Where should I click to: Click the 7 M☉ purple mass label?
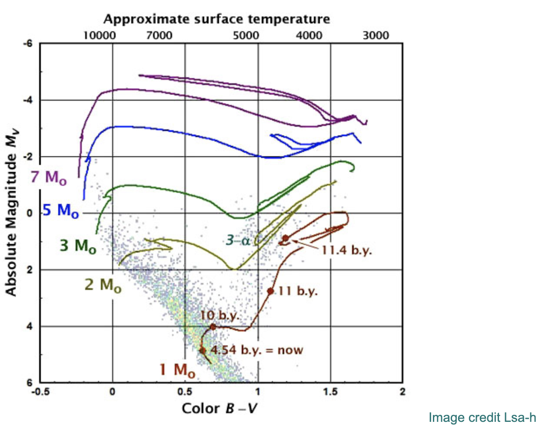(49, 178)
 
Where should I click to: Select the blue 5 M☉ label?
(61, 210)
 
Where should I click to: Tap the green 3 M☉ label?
(78, 246)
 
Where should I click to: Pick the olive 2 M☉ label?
(103, 285)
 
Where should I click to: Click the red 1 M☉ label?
(177, 370)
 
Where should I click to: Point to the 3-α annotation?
(238, 240)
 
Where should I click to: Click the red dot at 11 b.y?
(271, 291)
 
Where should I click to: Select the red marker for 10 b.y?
(213, 327)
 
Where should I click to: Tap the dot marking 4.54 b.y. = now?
(202, 350)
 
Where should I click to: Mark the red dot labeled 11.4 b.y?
(285, 238)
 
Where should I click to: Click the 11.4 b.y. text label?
(346, 250)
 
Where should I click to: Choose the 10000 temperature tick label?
(100, 35)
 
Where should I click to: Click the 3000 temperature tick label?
(376, 35)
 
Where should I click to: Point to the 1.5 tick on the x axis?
(330, 392)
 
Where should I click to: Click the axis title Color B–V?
(219, 408)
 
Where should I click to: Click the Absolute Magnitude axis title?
(11, 213)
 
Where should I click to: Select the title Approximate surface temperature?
(216, 19)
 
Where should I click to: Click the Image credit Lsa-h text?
(482, 418)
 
